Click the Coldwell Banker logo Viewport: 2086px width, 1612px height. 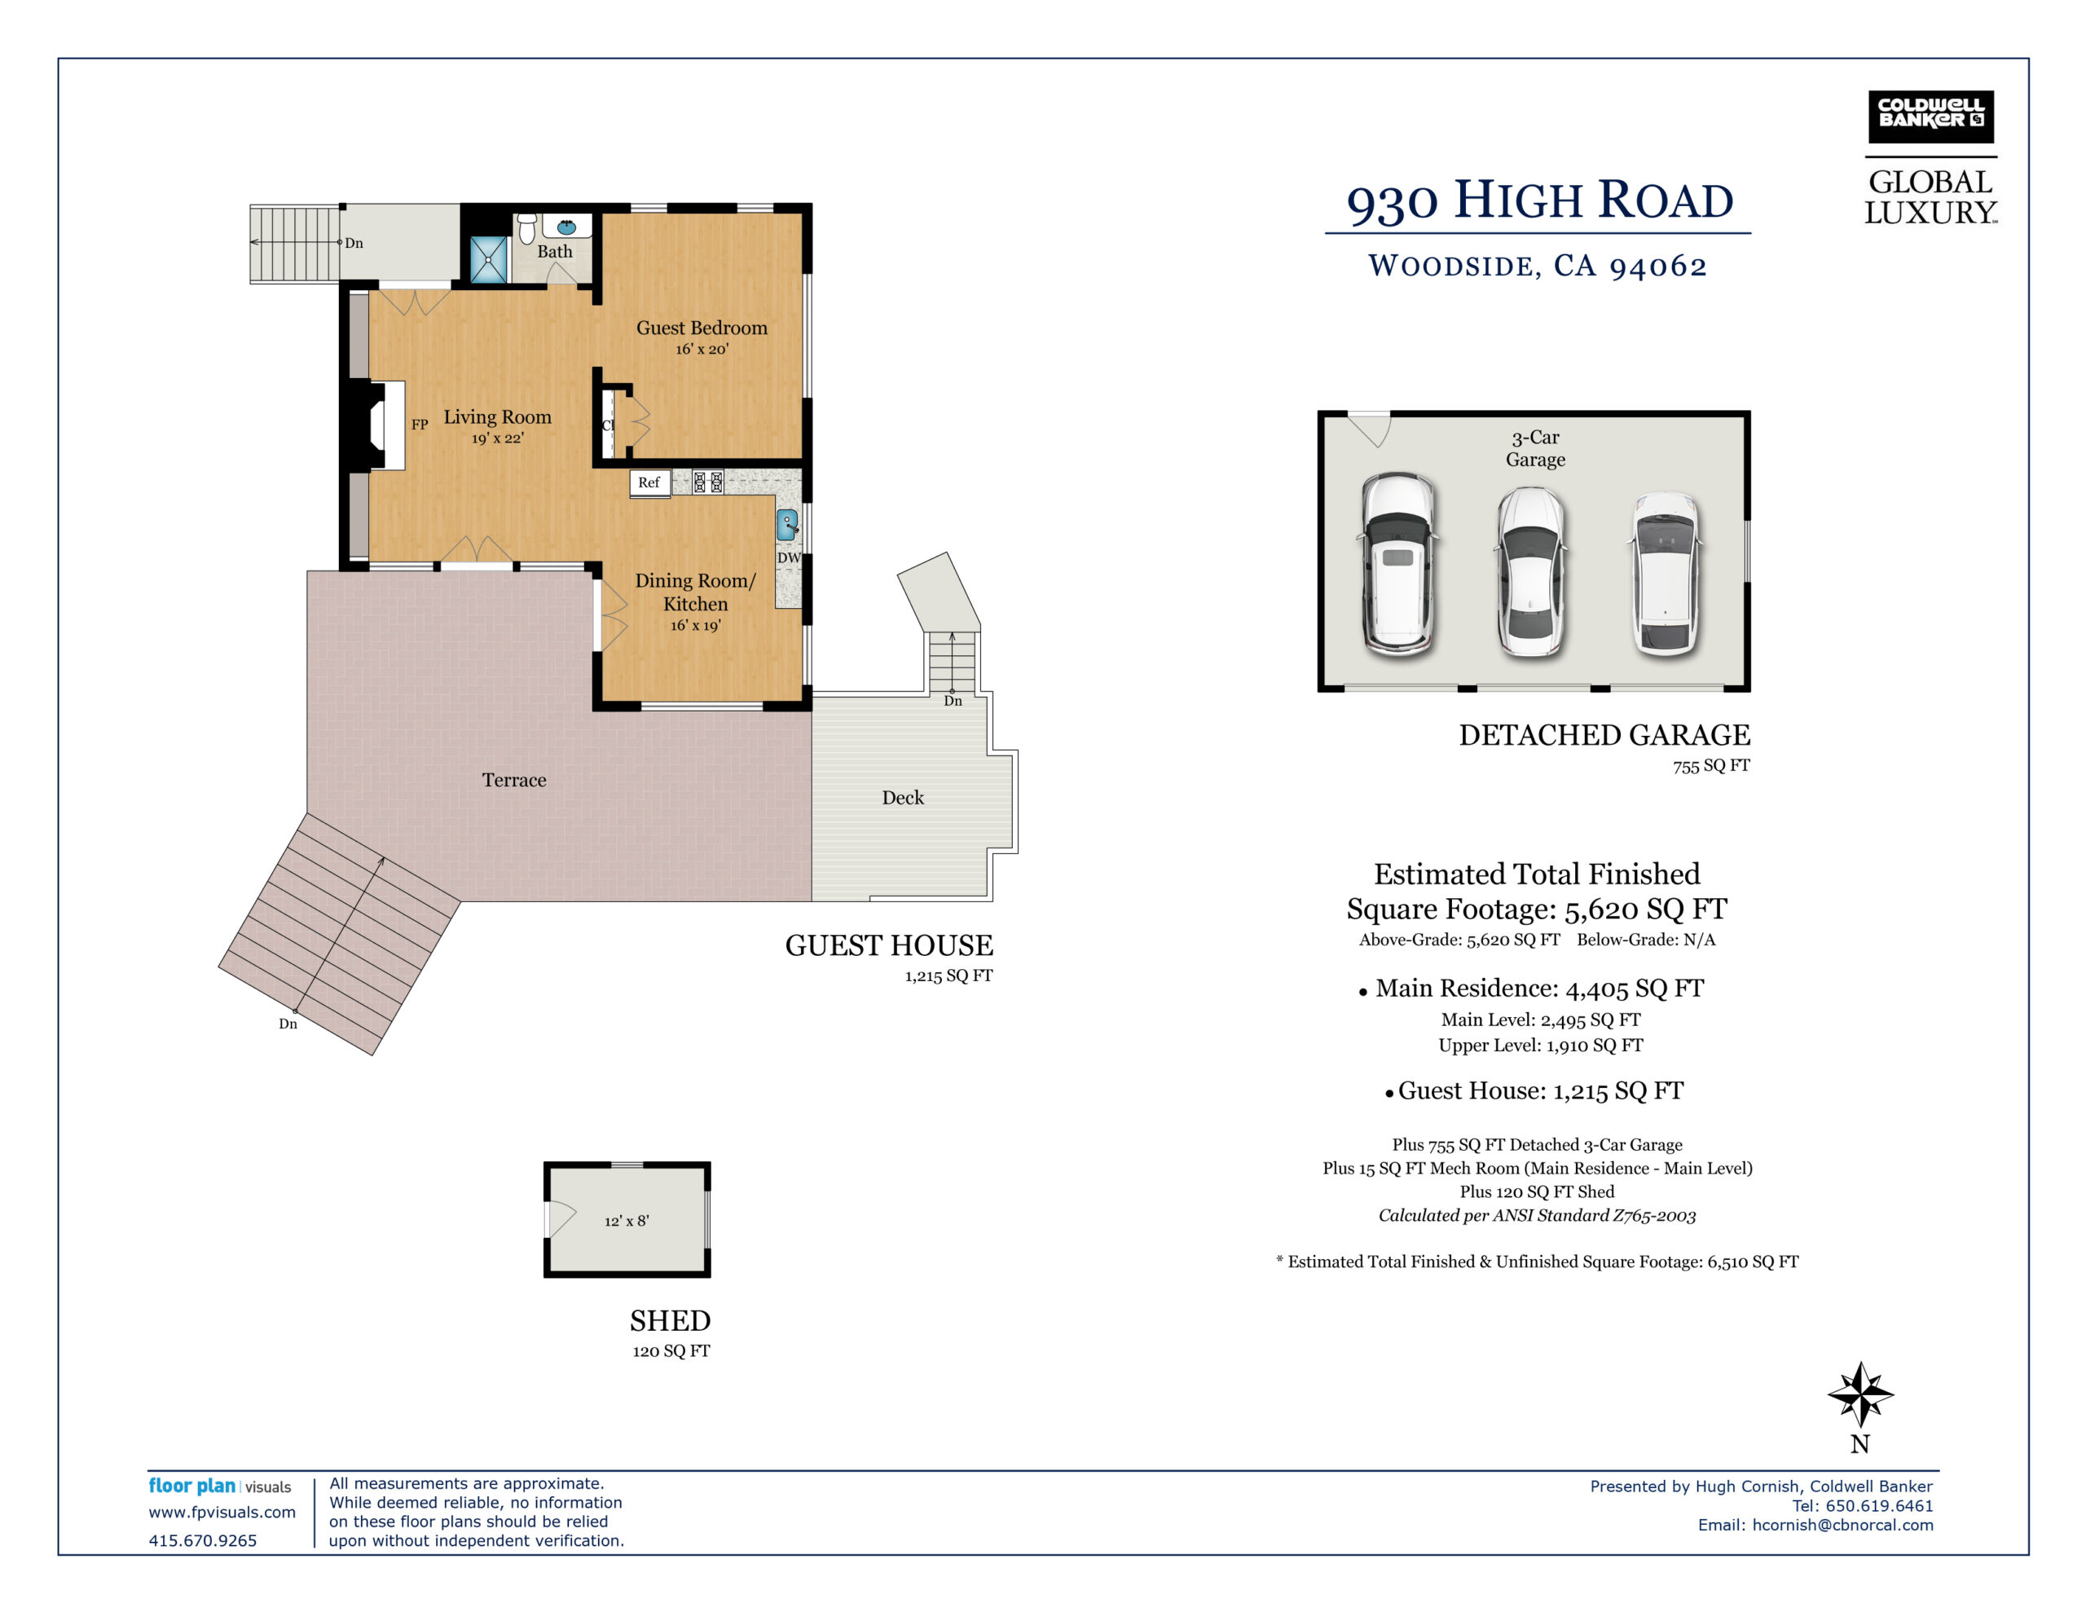click(1930, 117)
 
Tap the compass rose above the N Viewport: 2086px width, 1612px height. click(1859, 1394)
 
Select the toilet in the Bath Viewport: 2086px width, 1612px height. click(526, 228)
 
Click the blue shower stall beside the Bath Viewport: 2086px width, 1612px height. click(488, 259)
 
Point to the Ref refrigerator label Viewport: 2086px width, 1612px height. click(649, 482)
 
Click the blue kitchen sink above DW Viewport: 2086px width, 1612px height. click(786, 525)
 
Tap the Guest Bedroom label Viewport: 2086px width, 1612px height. click(702, 328)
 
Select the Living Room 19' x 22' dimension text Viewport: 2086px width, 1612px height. click(498, 438)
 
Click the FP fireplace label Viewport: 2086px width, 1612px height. click(420, 425)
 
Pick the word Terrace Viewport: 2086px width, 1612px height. click(514, 780)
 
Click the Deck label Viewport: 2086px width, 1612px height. click(903, 797)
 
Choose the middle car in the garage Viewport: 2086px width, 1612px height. click(1530, 571)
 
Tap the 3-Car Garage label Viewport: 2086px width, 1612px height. click(1535, 448)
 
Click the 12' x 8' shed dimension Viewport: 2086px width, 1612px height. click(627, 1220)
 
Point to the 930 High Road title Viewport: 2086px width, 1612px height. click(1538, 200)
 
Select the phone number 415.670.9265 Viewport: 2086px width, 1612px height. click(202, 1540)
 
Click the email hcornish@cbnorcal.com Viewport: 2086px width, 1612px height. click(1842, 1525)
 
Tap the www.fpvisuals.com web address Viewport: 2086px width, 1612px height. click(222, 1513)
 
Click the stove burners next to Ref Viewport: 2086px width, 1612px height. click(708, 482)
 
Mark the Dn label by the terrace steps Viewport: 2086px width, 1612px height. click(288, 1024)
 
